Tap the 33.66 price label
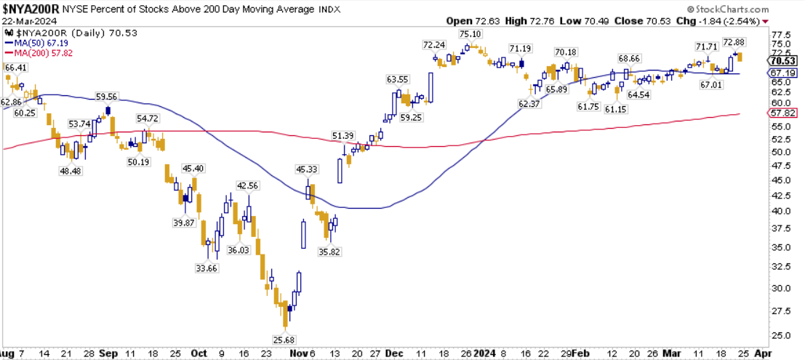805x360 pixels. coord(207,268)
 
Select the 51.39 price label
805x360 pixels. coord(343,136)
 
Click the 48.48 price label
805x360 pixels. coord(71,171)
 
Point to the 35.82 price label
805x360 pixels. coord(330,252)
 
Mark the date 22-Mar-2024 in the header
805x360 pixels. coord(26,21)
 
